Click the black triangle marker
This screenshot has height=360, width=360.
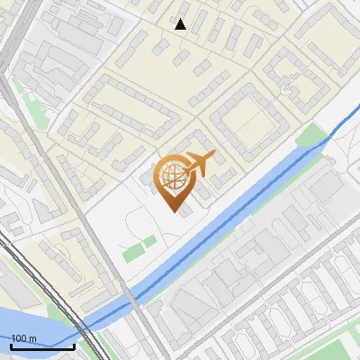181,24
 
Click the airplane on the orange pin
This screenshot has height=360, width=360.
199,163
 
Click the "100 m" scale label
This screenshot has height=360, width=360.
23,338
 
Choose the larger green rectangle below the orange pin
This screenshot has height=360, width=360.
134,253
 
